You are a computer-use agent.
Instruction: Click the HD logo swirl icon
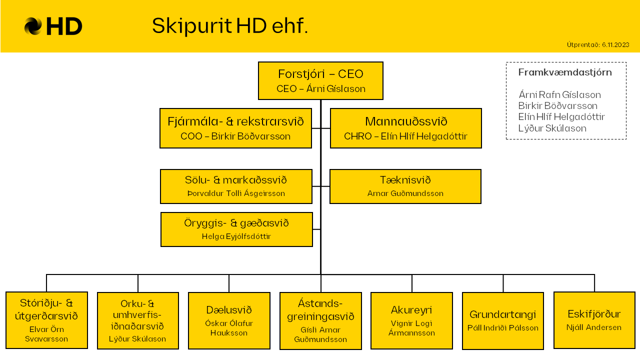click(33, 26)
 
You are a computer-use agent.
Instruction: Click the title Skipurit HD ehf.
click(230, 26)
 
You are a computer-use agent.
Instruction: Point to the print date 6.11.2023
click(615, 45)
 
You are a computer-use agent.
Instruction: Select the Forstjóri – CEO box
click(320, 81)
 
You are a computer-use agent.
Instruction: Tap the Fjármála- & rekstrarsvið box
click(235, 128)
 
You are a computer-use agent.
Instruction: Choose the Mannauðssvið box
click(405, 128)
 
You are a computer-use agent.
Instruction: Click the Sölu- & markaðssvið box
click(236, 186)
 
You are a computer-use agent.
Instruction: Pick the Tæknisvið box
click(405, 186)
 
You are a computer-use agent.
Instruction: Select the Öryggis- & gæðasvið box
click(236, 229)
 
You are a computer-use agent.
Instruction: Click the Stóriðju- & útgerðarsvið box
click(46, 320)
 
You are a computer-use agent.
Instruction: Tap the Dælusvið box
click(229, 320)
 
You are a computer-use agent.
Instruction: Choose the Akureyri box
click(411, 320)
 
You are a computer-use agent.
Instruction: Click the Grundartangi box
click(503, 320)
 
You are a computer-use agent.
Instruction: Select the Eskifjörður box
click(594, 320)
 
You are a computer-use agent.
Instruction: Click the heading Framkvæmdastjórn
click(565, 72)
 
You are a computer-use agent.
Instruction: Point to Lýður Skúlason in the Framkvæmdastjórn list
click(552, 128)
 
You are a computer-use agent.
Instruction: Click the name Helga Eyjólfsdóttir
click(236, 236)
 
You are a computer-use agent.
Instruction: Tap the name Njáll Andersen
click(594, 327)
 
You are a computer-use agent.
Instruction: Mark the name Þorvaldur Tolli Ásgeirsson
click(236, 193)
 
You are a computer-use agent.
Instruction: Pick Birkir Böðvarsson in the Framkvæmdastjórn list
click(557, 105)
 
